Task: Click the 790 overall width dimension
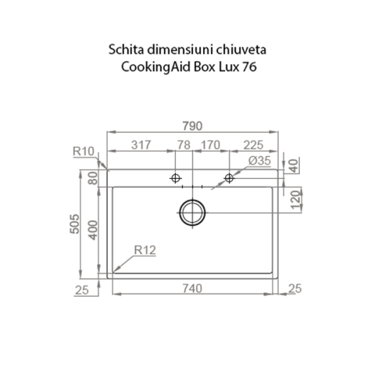(x=192, y=127)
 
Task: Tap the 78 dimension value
(x=183, y=144)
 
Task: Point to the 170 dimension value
(x=211, y=144)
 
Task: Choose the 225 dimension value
(x=253, y=144)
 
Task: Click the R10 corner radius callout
(x=85, y=151)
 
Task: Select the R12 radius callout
(x=145, y=250)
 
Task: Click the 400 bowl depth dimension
(x=94, y=229)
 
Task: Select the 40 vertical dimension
(x=295, y=166)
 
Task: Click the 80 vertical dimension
(x=93, y=176)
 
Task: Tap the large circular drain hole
(x=192, y=212)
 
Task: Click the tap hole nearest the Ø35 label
(x=230, y=178)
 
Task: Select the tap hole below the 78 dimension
(x=175, y=178)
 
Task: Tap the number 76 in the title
(x=249, y=67)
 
